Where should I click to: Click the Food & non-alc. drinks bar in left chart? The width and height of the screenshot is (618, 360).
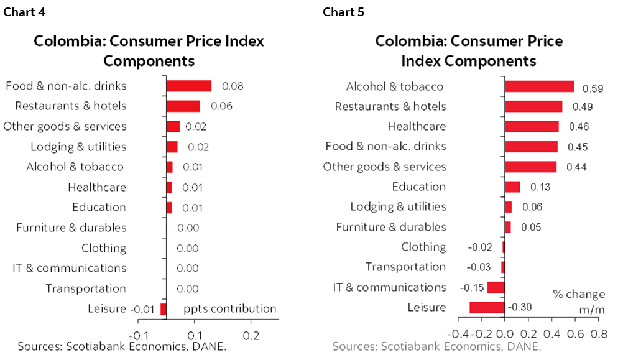tap(188, 86)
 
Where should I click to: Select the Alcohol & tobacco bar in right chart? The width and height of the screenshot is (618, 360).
tap(539, 86)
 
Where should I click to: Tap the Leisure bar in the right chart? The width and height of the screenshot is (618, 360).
tap(487, 307)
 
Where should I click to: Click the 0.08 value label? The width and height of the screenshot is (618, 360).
tap(233, 86)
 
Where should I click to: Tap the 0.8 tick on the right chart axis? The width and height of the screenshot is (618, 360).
tap(599, 333)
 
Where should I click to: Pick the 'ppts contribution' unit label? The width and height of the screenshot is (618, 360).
tap(230, 309)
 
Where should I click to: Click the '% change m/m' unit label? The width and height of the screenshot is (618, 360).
tap(578, 301)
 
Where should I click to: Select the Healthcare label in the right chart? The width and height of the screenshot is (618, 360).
tap(417, 126)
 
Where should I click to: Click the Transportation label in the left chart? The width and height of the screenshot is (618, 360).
tap(86, 288)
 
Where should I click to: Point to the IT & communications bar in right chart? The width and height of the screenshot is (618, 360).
tap(496, 287)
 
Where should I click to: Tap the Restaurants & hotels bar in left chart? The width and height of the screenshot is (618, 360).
tap(183, 106)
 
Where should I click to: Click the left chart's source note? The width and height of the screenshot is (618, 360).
tap(121, 346)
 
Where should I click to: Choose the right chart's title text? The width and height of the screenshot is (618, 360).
tap(469, 51)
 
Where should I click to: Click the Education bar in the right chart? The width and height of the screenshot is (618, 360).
tap(512, 187)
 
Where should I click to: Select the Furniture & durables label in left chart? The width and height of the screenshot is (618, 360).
tap(71, 228)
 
